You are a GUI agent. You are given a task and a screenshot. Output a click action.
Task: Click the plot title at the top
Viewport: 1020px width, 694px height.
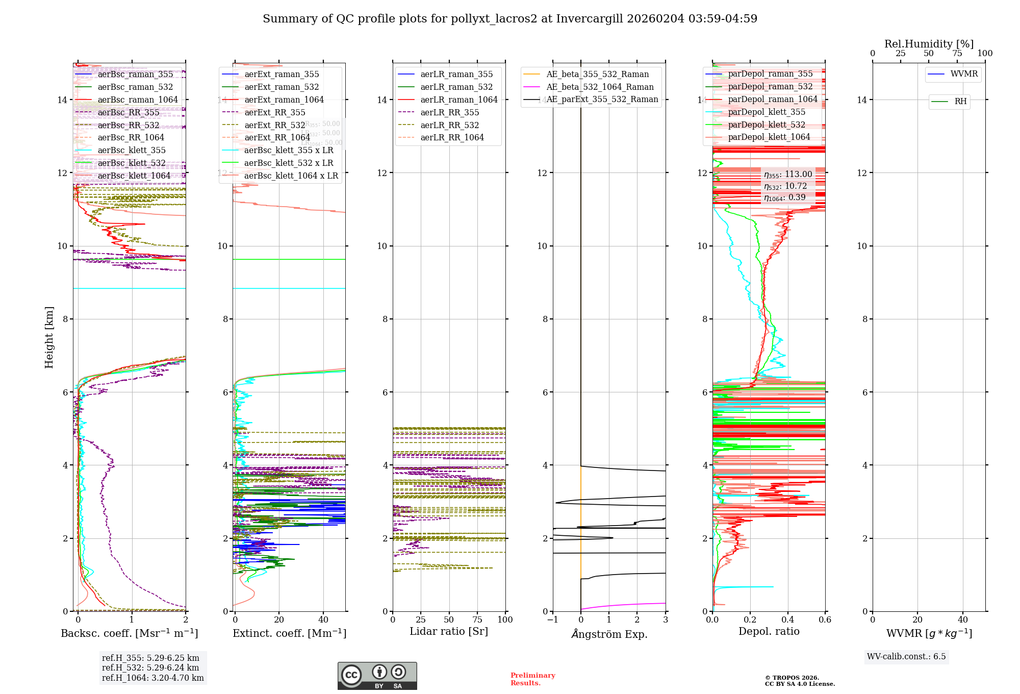click(510, 19)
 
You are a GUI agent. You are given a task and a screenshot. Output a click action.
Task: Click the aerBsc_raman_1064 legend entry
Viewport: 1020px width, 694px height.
click(138, 100)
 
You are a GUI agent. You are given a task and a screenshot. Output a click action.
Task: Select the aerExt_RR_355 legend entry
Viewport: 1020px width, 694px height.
click(275, 113)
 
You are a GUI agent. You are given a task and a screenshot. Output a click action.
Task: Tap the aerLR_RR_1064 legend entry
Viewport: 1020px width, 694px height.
click(452, 138)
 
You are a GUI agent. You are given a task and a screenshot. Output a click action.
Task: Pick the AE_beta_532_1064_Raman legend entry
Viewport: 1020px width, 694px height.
click(600, 87)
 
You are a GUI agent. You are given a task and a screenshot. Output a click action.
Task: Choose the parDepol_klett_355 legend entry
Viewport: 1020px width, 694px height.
click(767, 112)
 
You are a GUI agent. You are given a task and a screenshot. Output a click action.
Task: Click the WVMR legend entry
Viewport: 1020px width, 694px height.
click(964, 74)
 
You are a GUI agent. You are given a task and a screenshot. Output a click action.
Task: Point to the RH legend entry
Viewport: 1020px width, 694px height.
click(960, 102)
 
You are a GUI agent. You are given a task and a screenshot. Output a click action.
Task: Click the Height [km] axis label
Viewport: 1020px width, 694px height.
click(49, 337)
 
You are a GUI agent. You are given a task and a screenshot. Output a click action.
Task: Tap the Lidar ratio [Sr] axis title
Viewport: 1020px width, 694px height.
click(449, 632)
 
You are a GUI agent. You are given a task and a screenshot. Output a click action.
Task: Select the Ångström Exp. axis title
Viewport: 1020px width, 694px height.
click(609, 634)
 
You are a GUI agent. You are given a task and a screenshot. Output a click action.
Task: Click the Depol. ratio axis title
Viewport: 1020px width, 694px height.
click(769, 632)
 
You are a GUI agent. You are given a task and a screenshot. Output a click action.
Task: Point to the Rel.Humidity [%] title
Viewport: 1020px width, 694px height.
click(929, 44)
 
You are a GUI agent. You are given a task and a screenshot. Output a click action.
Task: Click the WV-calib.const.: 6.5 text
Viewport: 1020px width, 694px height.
click(906, 657)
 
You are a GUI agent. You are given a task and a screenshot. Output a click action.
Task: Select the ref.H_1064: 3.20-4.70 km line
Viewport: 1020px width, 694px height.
click(152, 678)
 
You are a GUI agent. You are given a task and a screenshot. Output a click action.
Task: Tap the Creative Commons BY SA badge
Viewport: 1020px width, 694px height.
click(377, 676)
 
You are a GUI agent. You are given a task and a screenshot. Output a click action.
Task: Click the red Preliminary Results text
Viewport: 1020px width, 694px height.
click(532, 679)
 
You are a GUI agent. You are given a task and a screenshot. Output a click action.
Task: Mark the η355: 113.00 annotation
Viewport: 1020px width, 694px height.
click(788, 175)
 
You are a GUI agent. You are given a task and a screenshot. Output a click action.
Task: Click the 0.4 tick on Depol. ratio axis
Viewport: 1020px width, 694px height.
click(788, 620)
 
